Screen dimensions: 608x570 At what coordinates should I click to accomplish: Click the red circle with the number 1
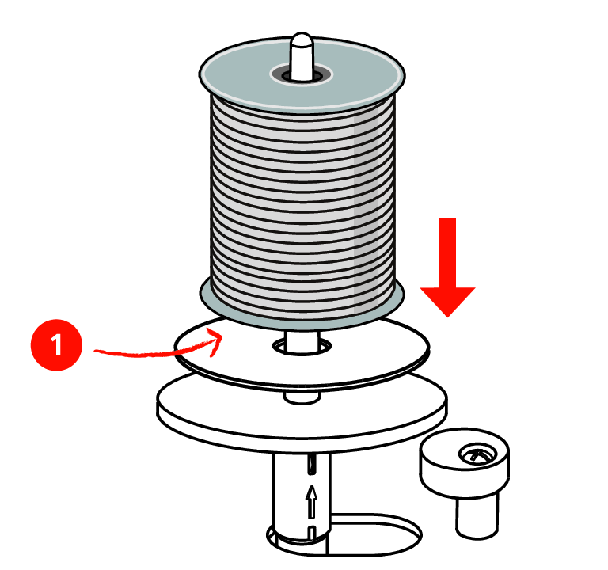[57, 344]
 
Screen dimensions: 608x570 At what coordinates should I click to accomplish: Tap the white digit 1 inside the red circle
[57, 344]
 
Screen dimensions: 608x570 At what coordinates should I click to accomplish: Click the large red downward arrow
[447, 268]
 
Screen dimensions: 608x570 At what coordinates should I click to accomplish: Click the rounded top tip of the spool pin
[302, 38]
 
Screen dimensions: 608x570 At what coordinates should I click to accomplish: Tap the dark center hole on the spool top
[302, 75]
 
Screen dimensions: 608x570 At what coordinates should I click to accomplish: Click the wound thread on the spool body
[302, 202]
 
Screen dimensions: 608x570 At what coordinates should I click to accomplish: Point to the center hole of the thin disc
[302, 346]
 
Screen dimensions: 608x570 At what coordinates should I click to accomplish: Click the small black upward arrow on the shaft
[311, 502]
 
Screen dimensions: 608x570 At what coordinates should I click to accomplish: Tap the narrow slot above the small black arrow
[311, 464]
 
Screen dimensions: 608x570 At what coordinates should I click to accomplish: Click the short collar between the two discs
[302, 398]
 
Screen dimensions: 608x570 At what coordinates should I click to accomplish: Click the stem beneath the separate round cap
[477, 515]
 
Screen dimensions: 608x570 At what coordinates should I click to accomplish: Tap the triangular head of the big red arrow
[447, 302]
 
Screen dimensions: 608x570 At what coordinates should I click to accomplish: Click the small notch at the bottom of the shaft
[311, 532]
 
